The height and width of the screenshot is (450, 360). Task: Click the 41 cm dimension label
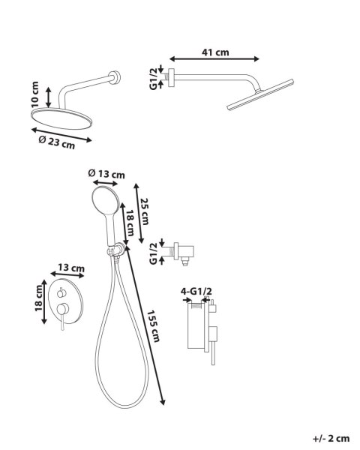tap(215, 52)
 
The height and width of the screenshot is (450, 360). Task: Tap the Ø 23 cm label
tap(57, 142)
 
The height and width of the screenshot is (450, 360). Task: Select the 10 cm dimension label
tap(34, 94)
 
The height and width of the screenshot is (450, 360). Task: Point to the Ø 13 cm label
tap(106, 174)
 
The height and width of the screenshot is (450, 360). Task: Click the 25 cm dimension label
tap(145, 211)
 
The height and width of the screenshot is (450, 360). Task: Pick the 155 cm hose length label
tap(153, 326)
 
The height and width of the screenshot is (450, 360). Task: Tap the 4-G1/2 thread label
tap(196, 291)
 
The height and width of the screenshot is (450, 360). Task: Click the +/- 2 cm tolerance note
tap(331, 439)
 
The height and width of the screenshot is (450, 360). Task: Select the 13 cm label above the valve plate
tap(71, 268)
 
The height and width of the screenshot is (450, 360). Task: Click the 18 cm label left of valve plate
tap(38, 298)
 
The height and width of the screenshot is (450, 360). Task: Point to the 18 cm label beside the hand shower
tap(130, 223)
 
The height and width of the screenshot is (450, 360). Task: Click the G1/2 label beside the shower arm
tap(154, 78)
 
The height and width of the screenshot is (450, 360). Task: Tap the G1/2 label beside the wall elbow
tap(154, 253)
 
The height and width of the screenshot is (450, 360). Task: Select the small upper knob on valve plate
tap(61, 293)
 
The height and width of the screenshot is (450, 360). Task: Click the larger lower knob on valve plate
tap(62, 308)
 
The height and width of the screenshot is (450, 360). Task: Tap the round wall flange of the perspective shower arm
tap(115, 77)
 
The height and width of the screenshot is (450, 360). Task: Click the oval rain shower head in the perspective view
tap(61, 118)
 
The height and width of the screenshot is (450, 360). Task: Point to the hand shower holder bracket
tap(116, 250)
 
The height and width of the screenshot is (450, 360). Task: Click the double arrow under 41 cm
tap(214, 59)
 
